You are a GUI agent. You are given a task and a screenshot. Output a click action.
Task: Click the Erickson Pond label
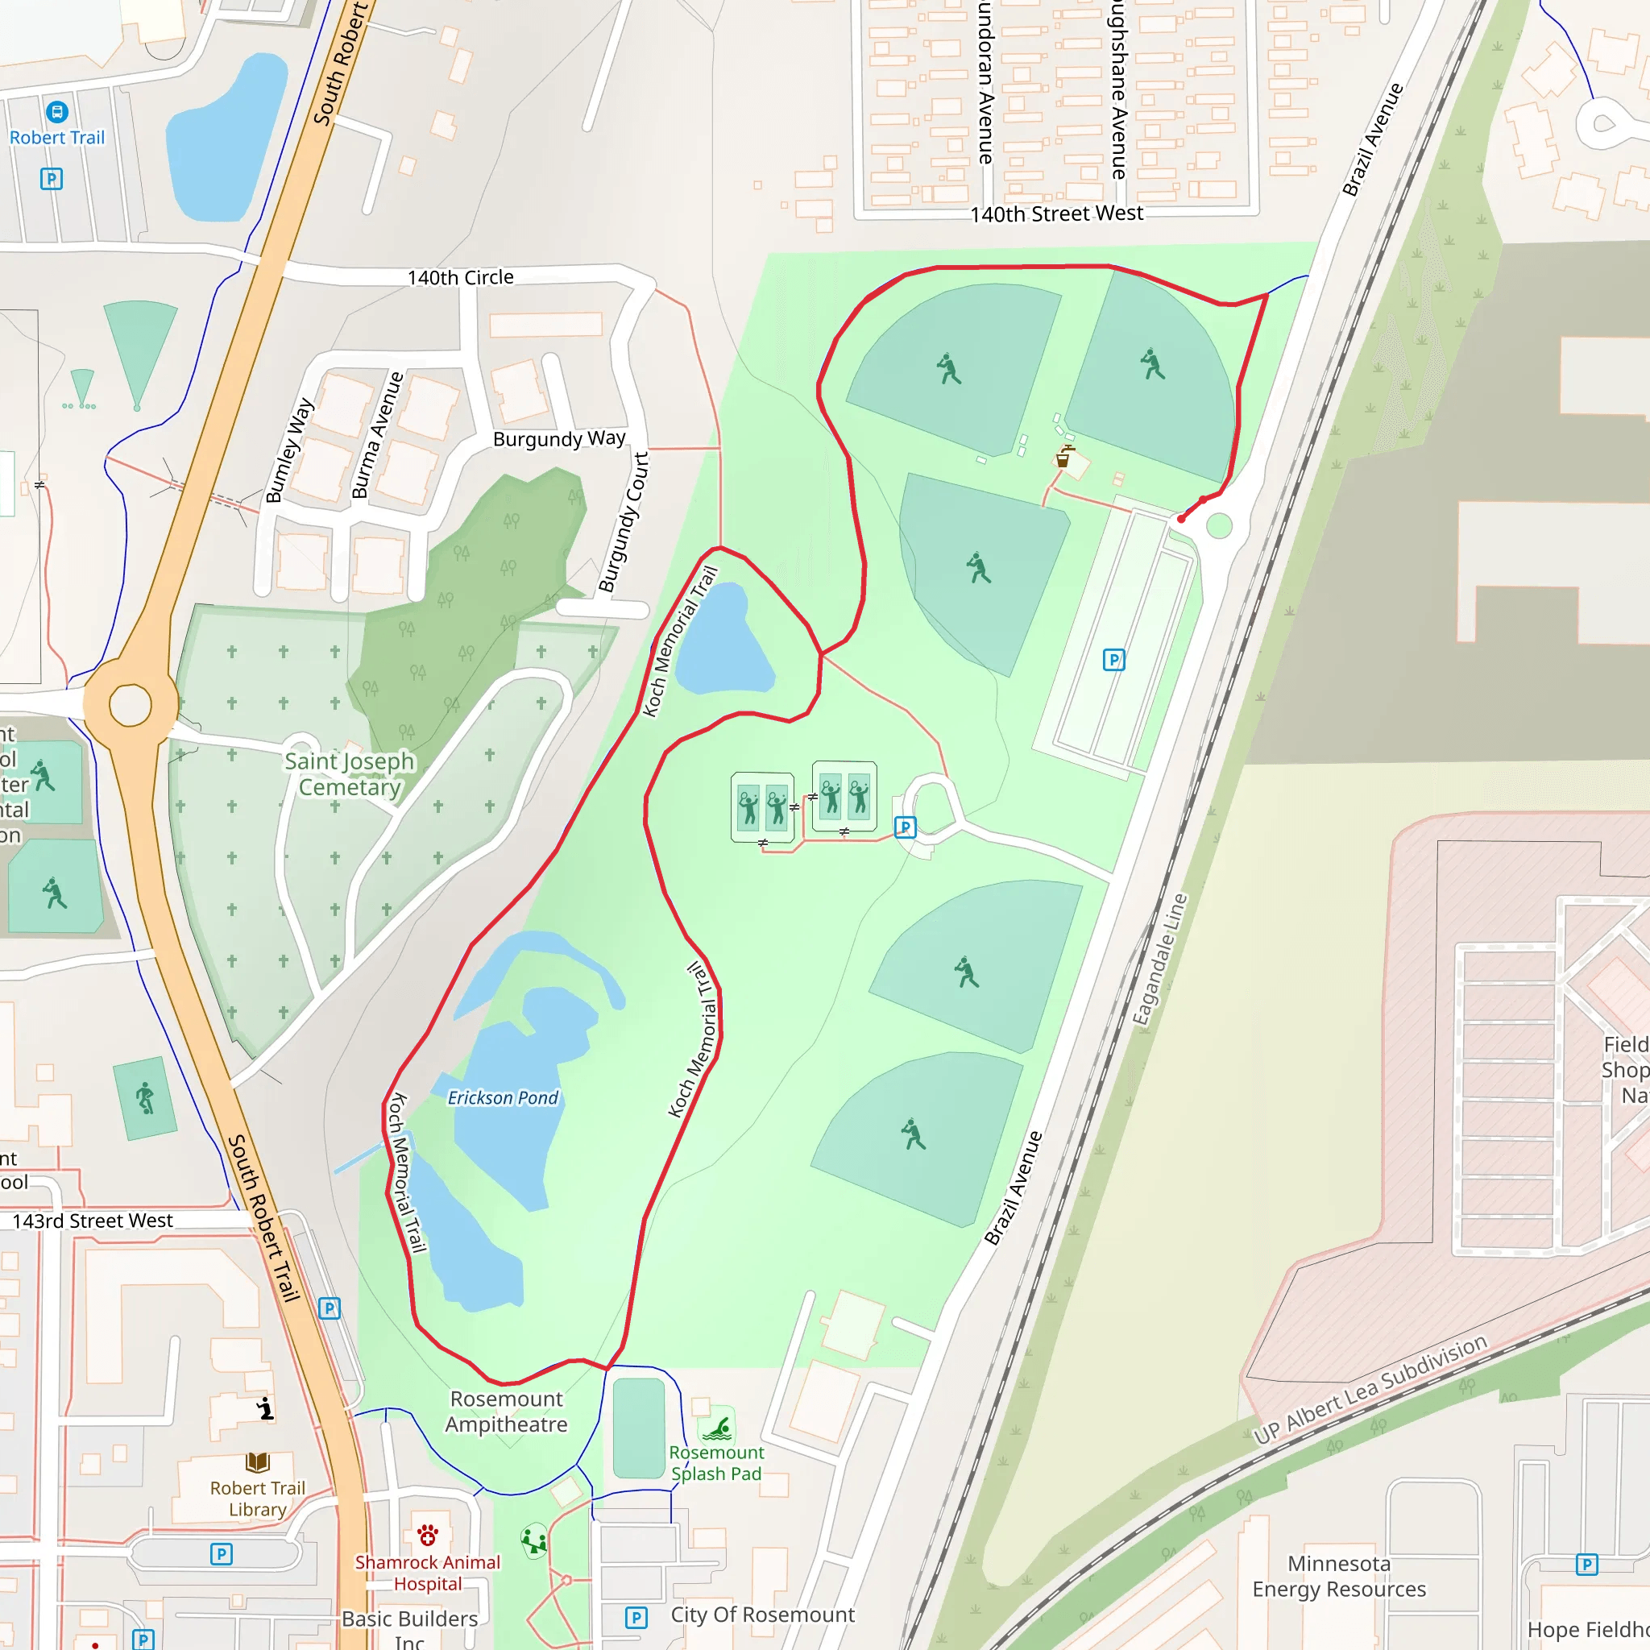pyautogui.click(x=503, y=1098)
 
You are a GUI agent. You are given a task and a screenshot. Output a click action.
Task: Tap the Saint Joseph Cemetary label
pyautogui.click(x=350, y=774)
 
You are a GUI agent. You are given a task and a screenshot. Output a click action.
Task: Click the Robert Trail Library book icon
pyautogui.click(x=258, y=1462)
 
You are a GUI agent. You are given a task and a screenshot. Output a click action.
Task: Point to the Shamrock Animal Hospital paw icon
pyautogui.click(x=428, y=1536)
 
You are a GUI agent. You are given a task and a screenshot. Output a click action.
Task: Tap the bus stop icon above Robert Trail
pyautogui.click(x=57, y=112)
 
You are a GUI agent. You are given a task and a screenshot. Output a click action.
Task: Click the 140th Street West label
pyautogui.click(x=1056, y=214)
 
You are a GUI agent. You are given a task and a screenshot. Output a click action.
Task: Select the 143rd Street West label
pyautogui.click(x=92, y=1221)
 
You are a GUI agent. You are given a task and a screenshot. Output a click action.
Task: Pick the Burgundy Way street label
pyautogui.click(x=559, y=439)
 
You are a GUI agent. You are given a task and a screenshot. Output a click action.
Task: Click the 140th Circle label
pyautogui.click(x=460, y=278)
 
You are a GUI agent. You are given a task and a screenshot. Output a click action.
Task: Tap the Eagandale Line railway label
pyautogui.click(x=1160, y=959)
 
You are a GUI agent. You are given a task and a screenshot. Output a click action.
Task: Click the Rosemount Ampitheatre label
pyautogui.click(x=507, y=1412)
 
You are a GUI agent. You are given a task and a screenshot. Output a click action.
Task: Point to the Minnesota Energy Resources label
pyautogui.click(x=1339, y=1577)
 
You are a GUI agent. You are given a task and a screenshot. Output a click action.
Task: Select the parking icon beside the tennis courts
pyautogui.click(x=906, y=827)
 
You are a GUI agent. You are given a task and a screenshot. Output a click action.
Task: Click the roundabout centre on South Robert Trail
pyautogui.click(x=130, y=706)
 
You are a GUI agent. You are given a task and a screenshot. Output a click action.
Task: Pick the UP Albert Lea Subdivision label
pyautogui.click(x=1370, y=1390)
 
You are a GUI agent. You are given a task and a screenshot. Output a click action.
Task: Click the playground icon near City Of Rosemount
pyautogui.click(x=535, y=1540)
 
